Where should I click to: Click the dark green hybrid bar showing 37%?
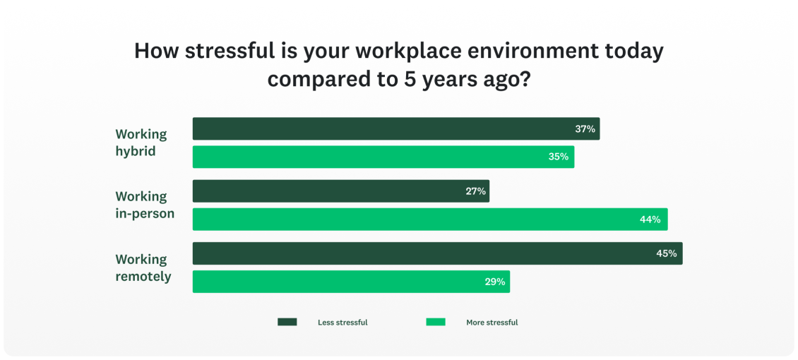(395, 128)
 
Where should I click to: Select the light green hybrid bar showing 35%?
(383, 157)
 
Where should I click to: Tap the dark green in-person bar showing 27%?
(340, 191)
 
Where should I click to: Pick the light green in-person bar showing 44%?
(429, 220)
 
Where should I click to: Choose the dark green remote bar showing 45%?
(437, 253)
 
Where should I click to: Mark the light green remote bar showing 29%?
(351, 282)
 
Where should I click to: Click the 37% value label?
(585, 129)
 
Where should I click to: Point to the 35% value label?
(559, 157)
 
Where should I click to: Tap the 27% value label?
(475, 191)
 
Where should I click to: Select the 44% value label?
(650, 220)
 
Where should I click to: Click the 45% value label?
(667, 253)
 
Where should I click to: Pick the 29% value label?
(494, 282)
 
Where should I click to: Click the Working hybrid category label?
(141, 143)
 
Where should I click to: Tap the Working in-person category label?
(145, 205)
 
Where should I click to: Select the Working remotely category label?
(143, 268)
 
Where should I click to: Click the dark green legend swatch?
(287, 322)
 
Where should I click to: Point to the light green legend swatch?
(436, 322)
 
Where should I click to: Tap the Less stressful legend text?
(343, 323)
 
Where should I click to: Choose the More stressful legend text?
(492, 323)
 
